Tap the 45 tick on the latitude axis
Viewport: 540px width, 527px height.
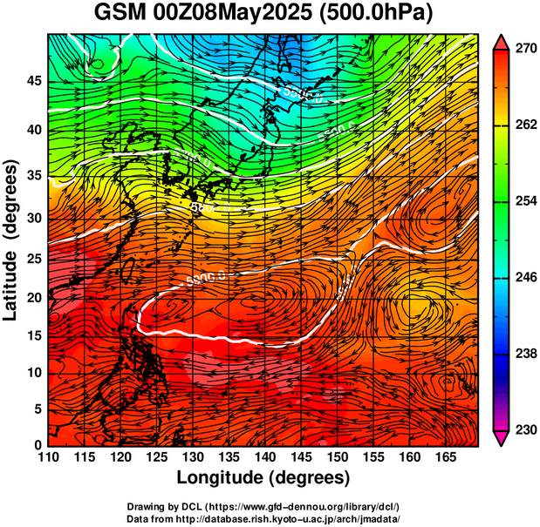click(x=34, y=81)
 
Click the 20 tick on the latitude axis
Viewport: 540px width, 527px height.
click(x=34, y=297)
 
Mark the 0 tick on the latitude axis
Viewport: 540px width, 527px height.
click(x=38, y=446)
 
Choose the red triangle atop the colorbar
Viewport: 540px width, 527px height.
click(x=502, y=40)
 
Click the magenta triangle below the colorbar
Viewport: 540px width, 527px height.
click(x=502, y=439)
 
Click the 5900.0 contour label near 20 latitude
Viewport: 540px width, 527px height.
click(x=206, y=278)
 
